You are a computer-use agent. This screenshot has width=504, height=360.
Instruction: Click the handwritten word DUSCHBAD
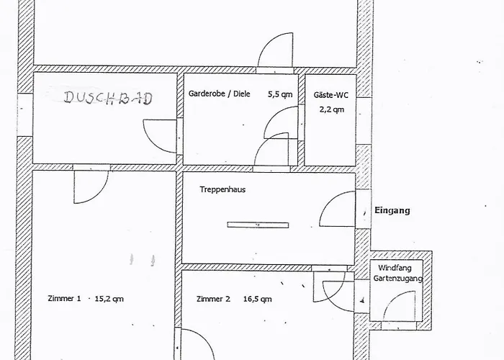point(108,98)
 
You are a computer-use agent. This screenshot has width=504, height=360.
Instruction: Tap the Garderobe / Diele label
point(219,94)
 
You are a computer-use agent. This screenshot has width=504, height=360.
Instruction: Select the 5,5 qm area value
point(280,94)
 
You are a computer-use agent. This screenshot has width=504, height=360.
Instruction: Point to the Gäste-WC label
point(330,95)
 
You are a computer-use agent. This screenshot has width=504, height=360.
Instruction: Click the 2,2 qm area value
point(332,109)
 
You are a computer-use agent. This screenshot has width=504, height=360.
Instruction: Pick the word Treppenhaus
point(222,189)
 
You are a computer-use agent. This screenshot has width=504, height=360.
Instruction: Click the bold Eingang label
point(392,210)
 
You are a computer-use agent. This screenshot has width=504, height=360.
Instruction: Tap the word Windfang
point(395,268)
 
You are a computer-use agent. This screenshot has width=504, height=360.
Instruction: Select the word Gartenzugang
point(398,279)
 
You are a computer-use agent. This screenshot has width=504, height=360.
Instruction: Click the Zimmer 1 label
point(64,298)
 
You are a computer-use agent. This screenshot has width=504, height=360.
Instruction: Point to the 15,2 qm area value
point(109,299)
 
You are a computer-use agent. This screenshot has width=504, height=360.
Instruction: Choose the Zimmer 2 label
point(213,299)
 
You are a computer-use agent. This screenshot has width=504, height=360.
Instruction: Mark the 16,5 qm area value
point(258,300)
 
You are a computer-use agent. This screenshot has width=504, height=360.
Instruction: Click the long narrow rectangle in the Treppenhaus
point(258,225)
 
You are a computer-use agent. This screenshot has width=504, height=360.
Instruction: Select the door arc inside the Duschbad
point(152,143)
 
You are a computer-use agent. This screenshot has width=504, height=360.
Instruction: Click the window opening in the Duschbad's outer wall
point(25,114)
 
